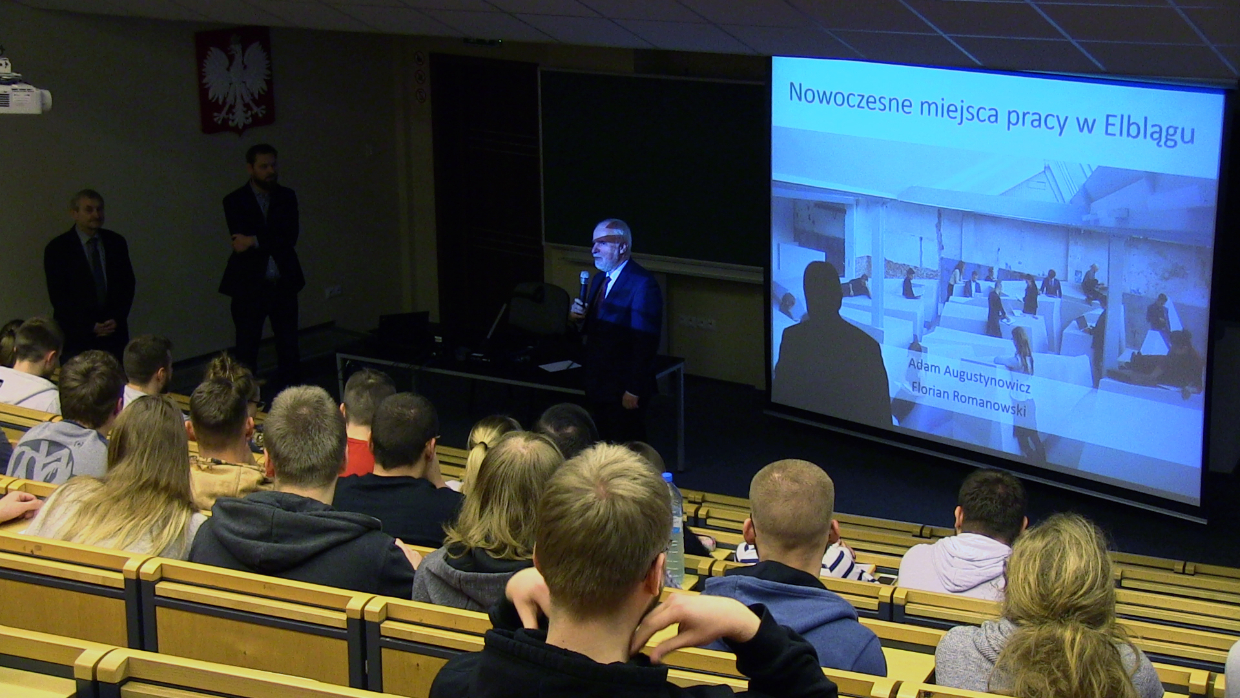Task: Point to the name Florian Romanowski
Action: [969, 399]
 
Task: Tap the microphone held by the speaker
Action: [583, 286]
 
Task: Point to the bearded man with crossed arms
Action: [261, 259]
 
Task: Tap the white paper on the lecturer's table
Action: [559, 366]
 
